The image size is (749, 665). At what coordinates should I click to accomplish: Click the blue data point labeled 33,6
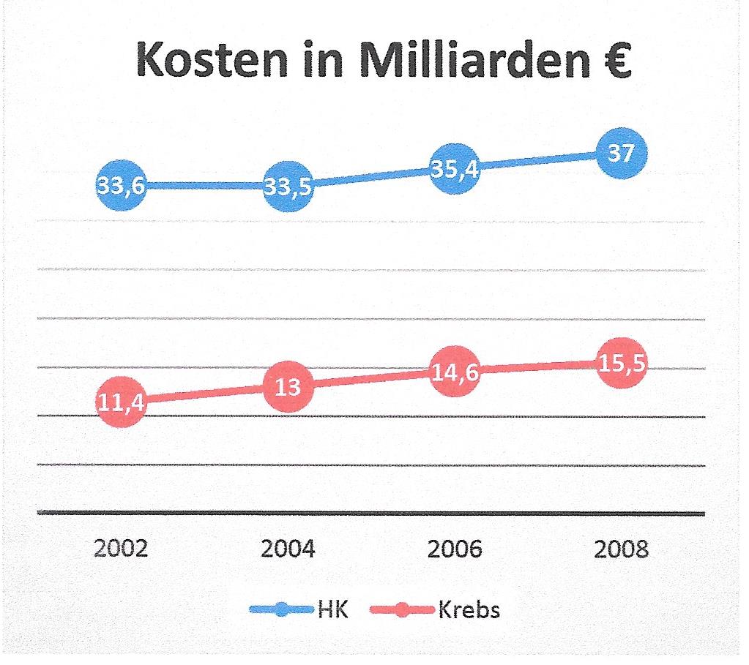pos(121,186)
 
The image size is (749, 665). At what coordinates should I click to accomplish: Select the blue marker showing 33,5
pos(287,187)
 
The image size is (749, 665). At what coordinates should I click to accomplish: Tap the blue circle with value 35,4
pos(455,169)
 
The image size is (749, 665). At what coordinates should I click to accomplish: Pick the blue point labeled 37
pos(622,153)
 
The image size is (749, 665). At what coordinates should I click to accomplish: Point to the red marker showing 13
pos(288,386)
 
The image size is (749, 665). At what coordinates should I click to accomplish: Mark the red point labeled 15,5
pos(622,364)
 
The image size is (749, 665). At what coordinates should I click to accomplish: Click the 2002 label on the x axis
pos(122,549)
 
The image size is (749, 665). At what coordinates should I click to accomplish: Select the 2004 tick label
pos(288,549)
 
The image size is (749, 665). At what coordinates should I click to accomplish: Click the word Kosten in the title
pos(217,61)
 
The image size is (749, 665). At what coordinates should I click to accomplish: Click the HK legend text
pos(333,609)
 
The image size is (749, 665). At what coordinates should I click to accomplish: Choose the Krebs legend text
pos(469,609)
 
